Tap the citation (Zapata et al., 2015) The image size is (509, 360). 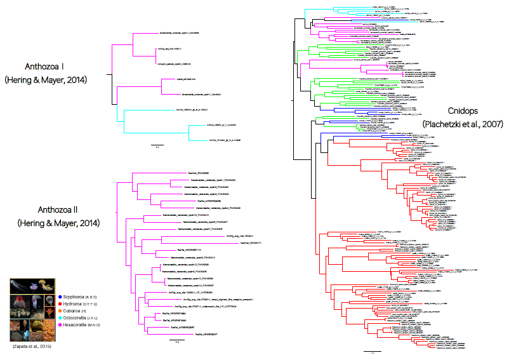click(x=32, y=347)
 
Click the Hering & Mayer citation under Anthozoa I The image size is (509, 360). click(x=46, y=80)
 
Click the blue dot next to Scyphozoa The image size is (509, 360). click(x=58, y=296)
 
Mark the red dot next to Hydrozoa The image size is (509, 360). click(x=58, y=305)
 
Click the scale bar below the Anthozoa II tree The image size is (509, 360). click(x=177, y=341)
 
